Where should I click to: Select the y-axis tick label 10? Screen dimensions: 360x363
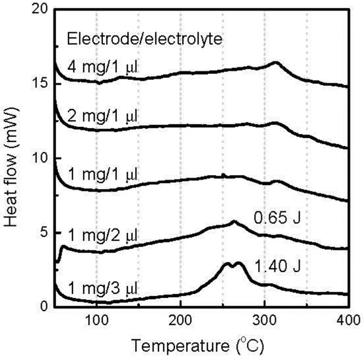tap(39, 159)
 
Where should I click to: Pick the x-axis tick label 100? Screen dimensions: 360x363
tap(96, 320)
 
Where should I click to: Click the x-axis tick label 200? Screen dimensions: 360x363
tap(180, 320)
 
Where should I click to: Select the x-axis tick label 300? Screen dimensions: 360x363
tap(264, 320)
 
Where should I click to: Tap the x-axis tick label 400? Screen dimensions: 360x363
tap(347, 320)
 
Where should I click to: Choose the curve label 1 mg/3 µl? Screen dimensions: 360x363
tap(102, 288)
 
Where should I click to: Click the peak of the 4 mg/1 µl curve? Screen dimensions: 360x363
tap(276, 63)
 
